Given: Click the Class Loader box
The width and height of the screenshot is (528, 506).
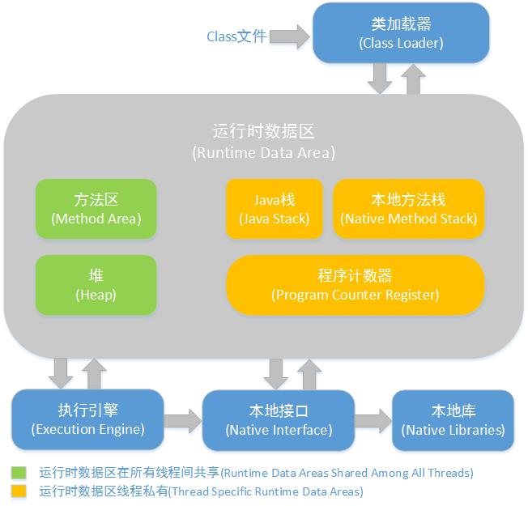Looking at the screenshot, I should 401,33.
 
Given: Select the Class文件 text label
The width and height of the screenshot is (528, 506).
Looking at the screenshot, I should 236,36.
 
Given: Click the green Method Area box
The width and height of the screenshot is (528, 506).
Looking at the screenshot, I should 96,209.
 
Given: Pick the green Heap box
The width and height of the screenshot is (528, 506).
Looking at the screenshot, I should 96,285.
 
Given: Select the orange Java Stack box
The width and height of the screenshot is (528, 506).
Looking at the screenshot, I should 274,209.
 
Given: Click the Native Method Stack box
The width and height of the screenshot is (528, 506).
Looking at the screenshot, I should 408,209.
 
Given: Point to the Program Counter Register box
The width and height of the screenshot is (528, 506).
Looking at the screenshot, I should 355,285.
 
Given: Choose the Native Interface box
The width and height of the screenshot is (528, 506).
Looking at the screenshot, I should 278,419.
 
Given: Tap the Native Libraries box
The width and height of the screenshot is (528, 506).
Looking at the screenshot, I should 453,419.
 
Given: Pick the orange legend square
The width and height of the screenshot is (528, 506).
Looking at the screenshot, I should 18,491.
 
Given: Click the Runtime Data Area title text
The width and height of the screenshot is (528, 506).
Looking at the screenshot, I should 263,141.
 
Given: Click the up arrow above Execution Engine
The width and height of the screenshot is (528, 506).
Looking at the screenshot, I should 94,372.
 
